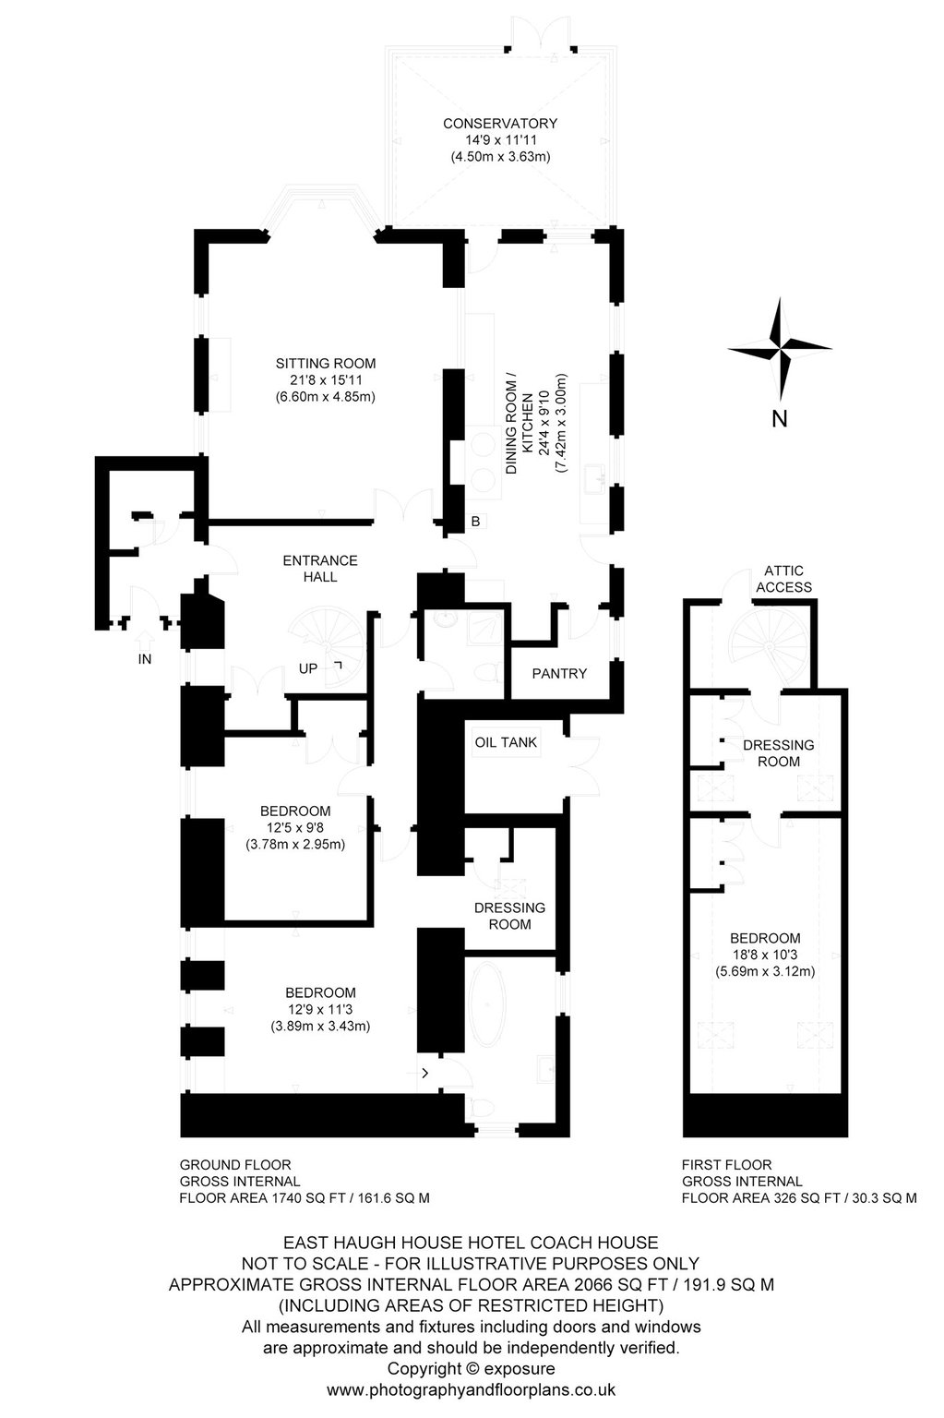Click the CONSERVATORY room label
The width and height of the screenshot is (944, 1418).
500,124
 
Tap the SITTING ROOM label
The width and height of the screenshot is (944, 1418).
325,364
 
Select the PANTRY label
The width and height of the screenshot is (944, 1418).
559,674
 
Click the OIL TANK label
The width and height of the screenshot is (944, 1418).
506,742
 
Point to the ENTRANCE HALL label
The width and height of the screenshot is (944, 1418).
320,569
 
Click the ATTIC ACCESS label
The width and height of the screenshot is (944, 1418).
783,579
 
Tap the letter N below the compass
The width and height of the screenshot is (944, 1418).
780,419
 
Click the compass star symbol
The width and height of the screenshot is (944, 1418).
780,347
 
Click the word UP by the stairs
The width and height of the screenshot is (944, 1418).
308,668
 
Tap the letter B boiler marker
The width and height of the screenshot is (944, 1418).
476,522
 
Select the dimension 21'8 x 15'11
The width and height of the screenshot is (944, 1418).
325,379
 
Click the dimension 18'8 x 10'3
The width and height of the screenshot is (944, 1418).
765,955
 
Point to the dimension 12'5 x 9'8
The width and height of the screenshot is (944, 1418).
295,827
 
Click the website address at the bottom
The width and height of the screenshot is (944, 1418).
472,1390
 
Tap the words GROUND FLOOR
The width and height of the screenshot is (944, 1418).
235,1165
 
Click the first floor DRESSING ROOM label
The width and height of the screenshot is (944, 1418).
778,753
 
